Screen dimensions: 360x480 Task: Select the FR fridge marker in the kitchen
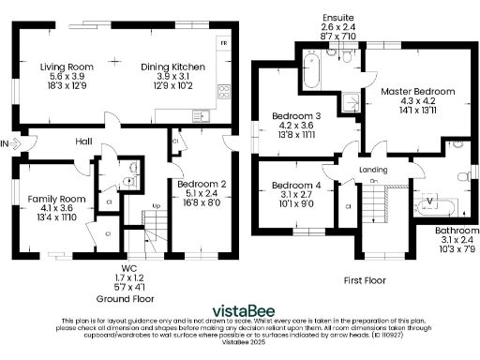point(222,43)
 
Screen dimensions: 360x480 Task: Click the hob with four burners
point(224,91)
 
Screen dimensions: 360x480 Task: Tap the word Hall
point(84,142)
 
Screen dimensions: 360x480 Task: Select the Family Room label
point(51,199)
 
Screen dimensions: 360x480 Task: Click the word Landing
point(373,168)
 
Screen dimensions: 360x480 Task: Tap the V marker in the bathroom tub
point(430,200)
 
